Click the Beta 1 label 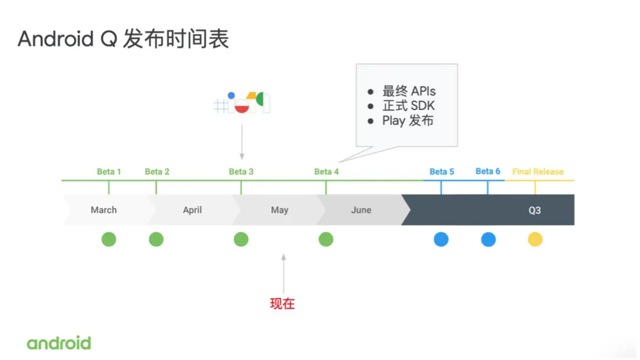(x=109, y=172)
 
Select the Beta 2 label (x=157, y=172)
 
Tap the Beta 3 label (x=241, y=172)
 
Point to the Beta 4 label (x=326, y=172)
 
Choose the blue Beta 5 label (x=442, y=172)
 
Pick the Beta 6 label (x=488, y=171)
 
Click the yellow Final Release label (x=538, y=172)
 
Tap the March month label (x=103, y=210)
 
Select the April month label (x=192, y=210)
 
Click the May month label (x=279, y=210)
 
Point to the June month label (x=361, y=210)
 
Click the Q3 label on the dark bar (x=534, y=211)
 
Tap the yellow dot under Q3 (x=535, y=239)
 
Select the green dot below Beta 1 (x=109, y=239)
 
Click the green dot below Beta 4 (x=326, y=239)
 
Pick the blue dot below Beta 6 (x=488, y=239)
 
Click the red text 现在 (x=282, y=304)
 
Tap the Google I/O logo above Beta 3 (x=242, y=102)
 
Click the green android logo (x=59, y=343)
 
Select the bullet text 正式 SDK (x=408, y=106)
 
